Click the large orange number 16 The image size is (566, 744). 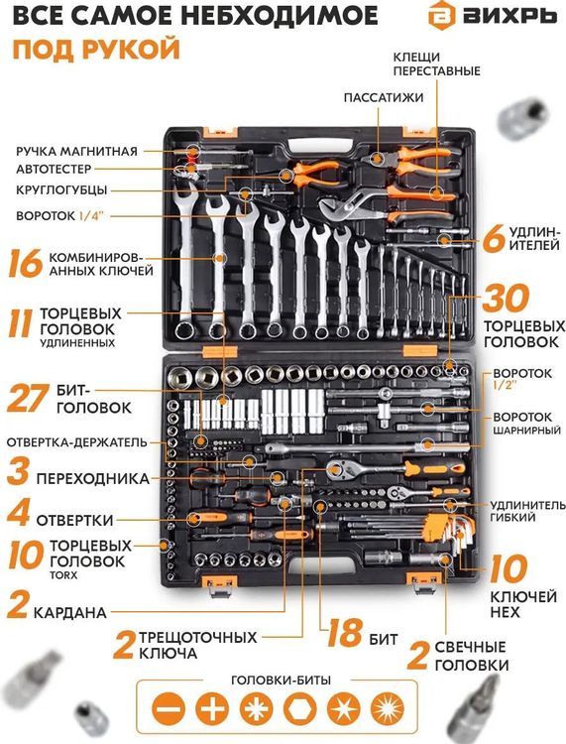coord(24,264)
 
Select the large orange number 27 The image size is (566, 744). coord(29,397)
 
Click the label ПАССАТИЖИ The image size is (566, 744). coord(384,97)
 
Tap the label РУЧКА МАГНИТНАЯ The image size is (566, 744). coord(75,151)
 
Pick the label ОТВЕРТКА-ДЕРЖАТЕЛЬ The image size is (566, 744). coord(77,441)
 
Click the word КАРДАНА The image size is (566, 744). coord(70,612)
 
